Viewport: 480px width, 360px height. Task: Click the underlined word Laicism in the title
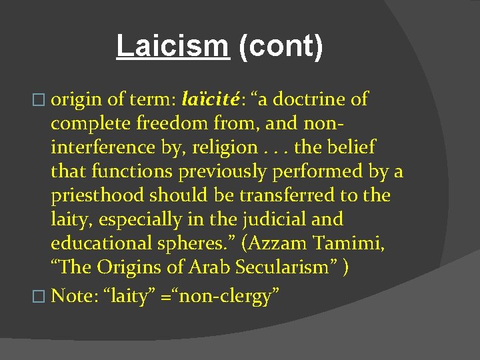click(x=173, y=46)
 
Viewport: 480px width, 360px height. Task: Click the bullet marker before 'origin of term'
click(x=44, y=101)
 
